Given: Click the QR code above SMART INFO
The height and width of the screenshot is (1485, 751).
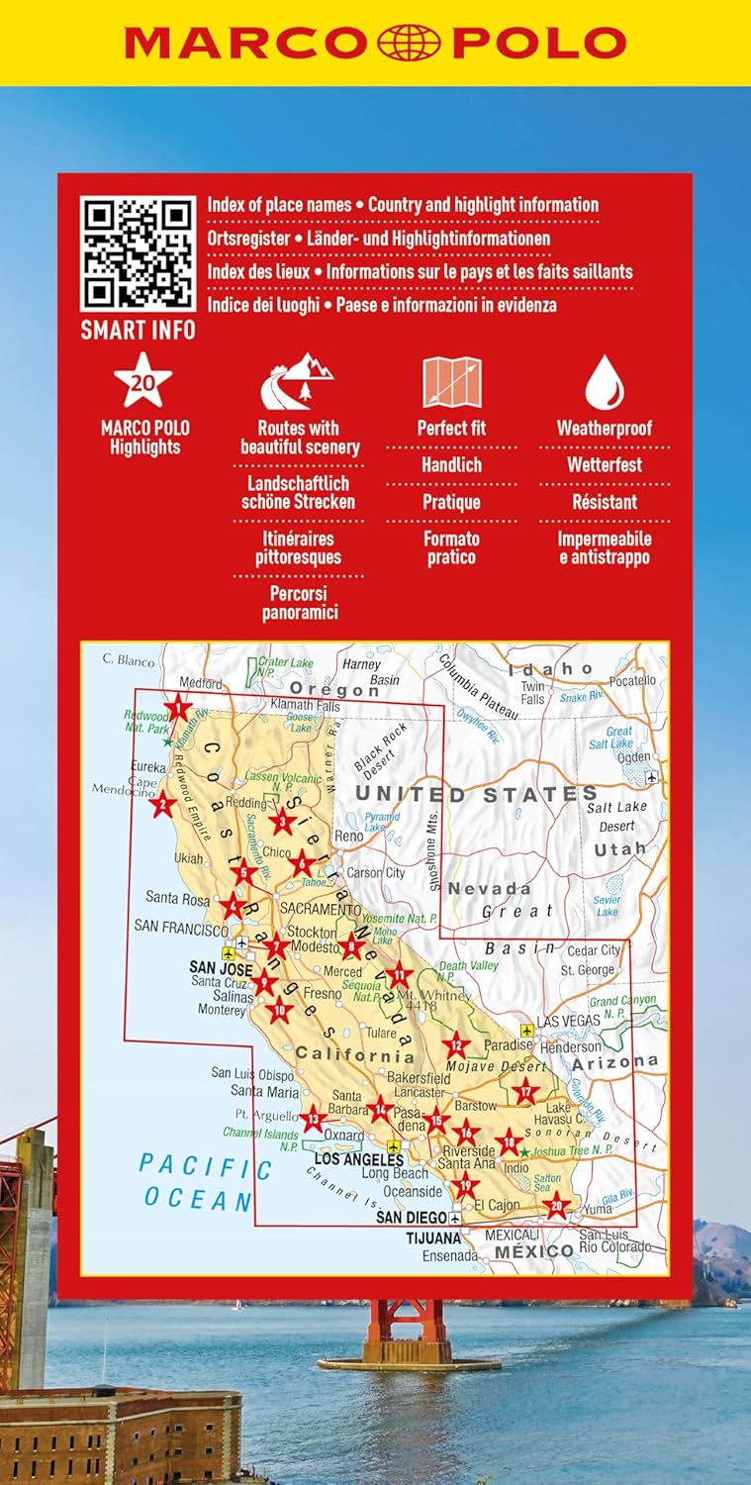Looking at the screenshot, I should coord(138,253).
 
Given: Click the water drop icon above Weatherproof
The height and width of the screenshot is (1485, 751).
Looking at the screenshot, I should coord(604,383).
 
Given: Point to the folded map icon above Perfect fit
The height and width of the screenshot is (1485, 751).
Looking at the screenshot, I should coord(451,383).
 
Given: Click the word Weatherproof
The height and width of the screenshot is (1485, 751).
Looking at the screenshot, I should coord(604,429).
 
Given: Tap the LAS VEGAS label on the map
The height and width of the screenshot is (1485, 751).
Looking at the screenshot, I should coord(568,1021).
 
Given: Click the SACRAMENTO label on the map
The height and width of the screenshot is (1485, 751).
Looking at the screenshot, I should coord(320,908).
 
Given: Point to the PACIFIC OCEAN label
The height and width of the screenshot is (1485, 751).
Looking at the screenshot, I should coord(205,1183).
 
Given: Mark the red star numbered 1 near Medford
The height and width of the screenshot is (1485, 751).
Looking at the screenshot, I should coord(178,707).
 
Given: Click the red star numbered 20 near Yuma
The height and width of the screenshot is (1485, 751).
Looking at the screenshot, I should coord(557,1206).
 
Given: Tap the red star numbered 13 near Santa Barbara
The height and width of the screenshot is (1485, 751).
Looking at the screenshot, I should coord(313,1120).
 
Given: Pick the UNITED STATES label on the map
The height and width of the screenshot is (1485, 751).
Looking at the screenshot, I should coord(476,794).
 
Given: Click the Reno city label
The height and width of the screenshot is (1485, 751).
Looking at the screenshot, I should coord(349,837).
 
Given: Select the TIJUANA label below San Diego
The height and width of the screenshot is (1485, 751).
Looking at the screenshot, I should coord(433,1237).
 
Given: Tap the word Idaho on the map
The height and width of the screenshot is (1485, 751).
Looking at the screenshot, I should coord(550,670).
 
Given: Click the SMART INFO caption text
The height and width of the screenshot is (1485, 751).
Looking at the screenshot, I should coord(138,330).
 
